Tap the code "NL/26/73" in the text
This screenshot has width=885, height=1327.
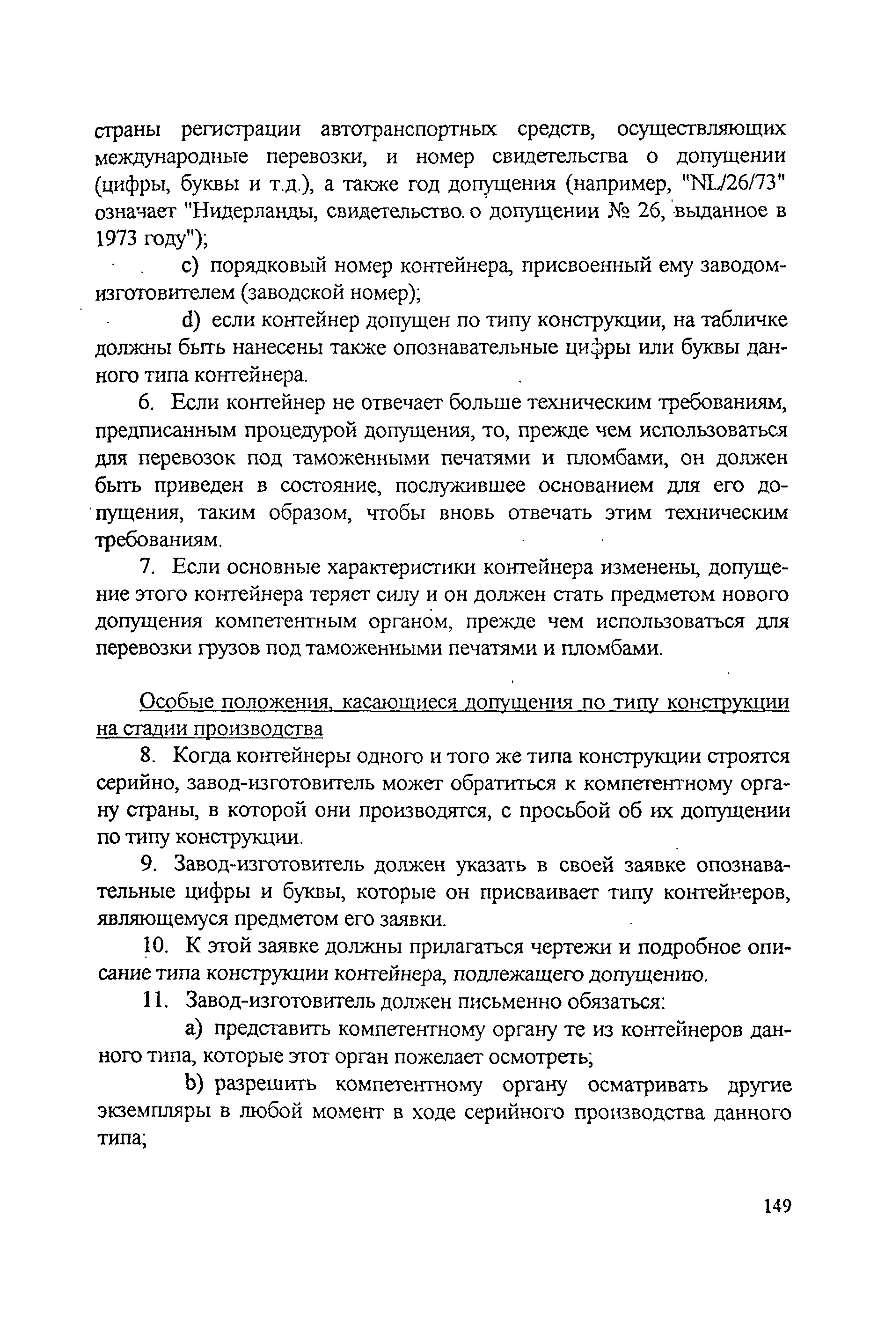coord(735,184)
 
